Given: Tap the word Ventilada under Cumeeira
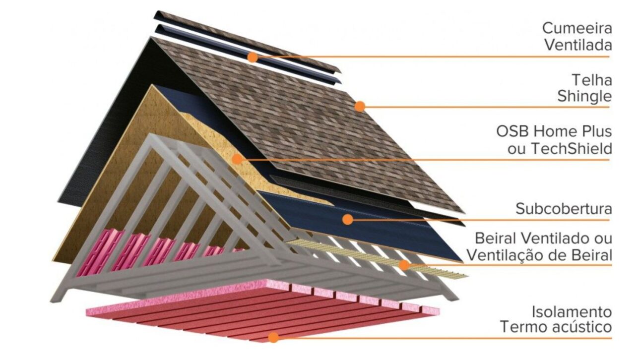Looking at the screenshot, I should [x=578, y=45].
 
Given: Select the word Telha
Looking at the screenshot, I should [x=592, y=79].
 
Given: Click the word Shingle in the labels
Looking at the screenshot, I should [x=584, y=96].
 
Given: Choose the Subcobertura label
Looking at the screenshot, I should [x=564, y=208].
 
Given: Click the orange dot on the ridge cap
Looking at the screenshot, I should [x=253, y=58].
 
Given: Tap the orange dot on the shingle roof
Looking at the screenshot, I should [x=360, y=106].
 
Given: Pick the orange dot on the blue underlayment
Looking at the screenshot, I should [x=348, y=219].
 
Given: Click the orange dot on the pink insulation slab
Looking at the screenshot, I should [x=273, y=338].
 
